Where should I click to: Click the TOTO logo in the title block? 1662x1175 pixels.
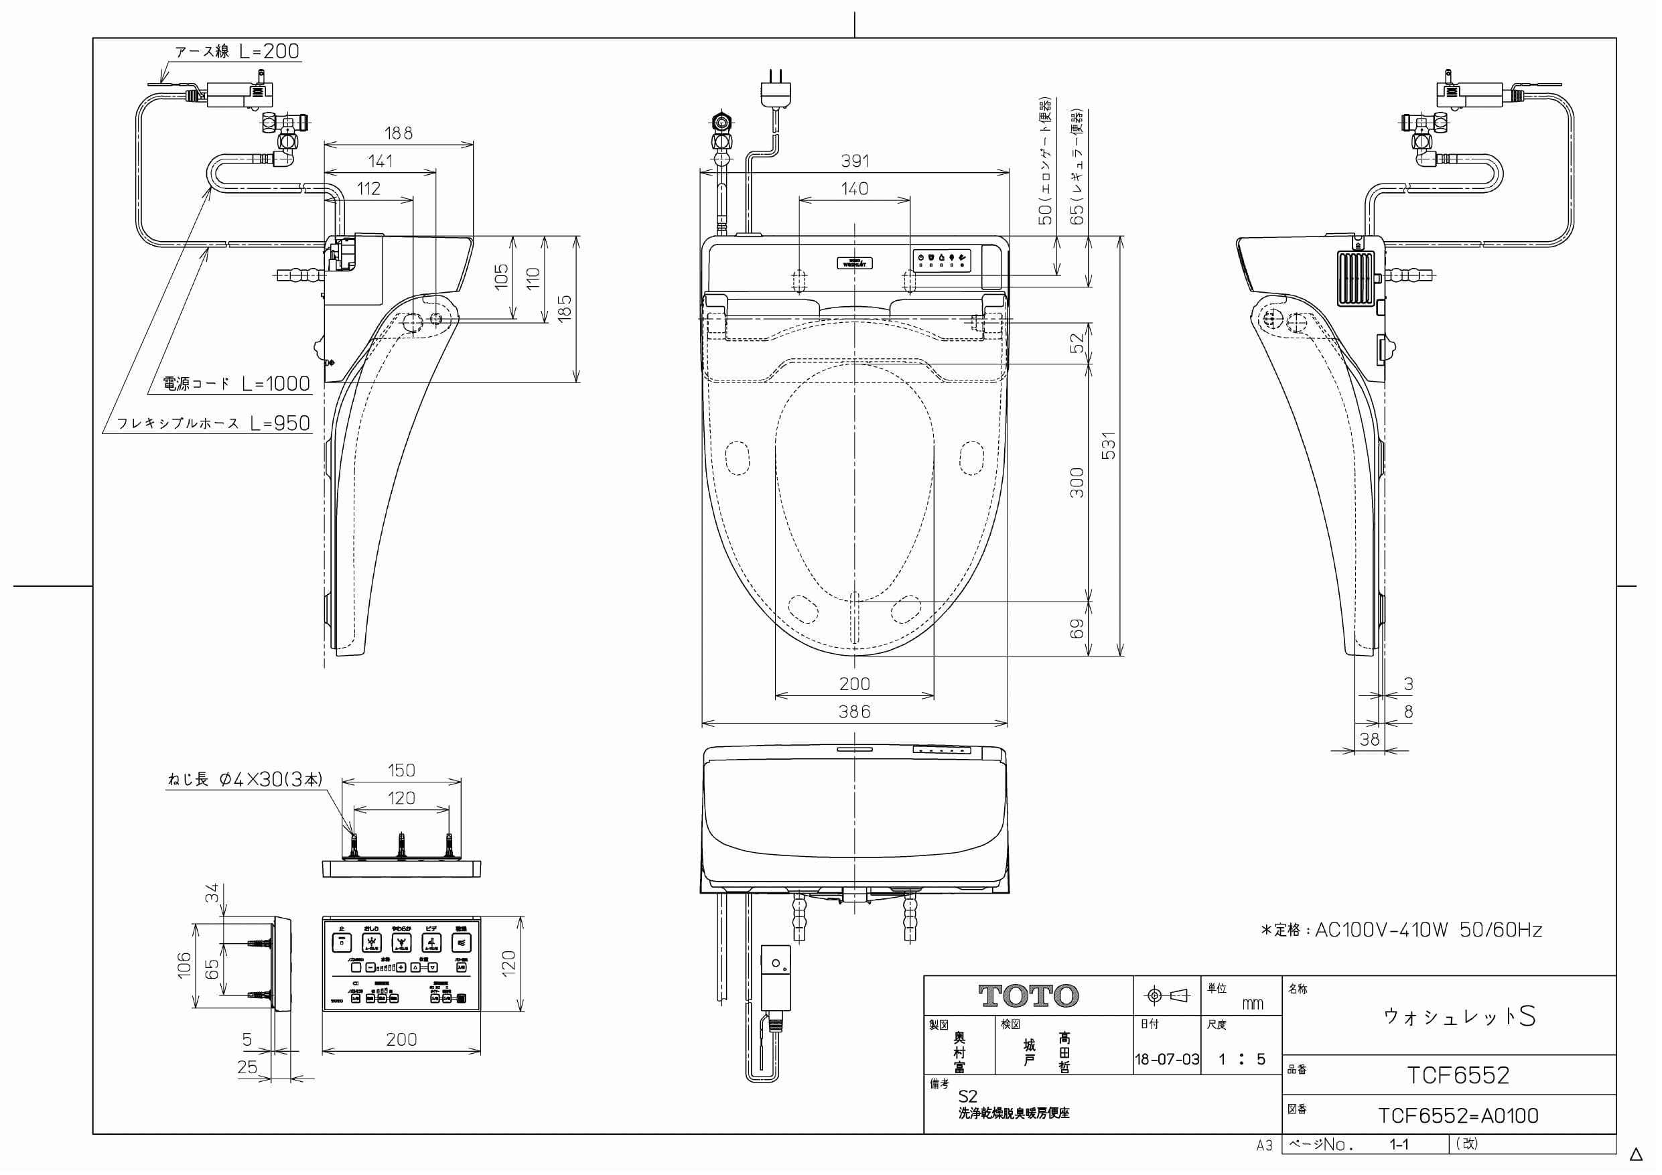pyautogui.click(x=1028, y=996)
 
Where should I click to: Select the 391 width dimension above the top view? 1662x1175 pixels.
pyautogui.click(x=855, y=161)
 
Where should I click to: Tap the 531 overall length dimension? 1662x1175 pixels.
pyautogui.click(x=1108, y=445)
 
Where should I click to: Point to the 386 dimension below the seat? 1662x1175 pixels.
pyautogui.click(x=854, y=711)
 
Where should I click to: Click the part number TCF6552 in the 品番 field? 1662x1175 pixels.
pyautogui.click(x=1458, y=1075)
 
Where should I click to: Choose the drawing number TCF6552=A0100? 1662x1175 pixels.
pyautogui.click(x=1458, y=1115)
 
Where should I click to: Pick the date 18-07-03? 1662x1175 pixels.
pyautogui.click(x=1167, y=1059)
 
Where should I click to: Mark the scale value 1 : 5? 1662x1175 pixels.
pyautogui.click(x=1241, y=1059)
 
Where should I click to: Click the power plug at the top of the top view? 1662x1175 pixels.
pyautogui.click(x=776, y=90)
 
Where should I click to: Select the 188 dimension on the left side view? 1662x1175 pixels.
pyautogui.click(x=398, y=133)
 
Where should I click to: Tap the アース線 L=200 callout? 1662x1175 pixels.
pyautogui.click(x=236, y=52)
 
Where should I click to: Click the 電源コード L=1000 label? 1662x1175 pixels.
pyautogui.click(x=236, y=384)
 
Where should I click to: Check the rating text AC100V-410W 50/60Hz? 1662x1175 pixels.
pyautogui.click(x=1401, y=930)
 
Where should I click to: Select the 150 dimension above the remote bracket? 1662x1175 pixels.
pyautogui.click(x=401, y=770)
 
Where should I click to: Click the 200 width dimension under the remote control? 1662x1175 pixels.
pyautogui.click(x=401, y=1040)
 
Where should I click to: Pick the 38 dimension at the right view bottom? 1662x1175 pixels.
pyautogui.click(x=1369, y=739)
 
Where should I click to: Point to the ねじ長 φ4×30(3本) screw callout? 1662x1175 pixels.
pyautogui.click(x=245, y=779)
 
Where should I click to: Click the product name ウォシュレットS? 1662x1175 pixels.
pyautogui.click(x=1458, y=1016)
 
